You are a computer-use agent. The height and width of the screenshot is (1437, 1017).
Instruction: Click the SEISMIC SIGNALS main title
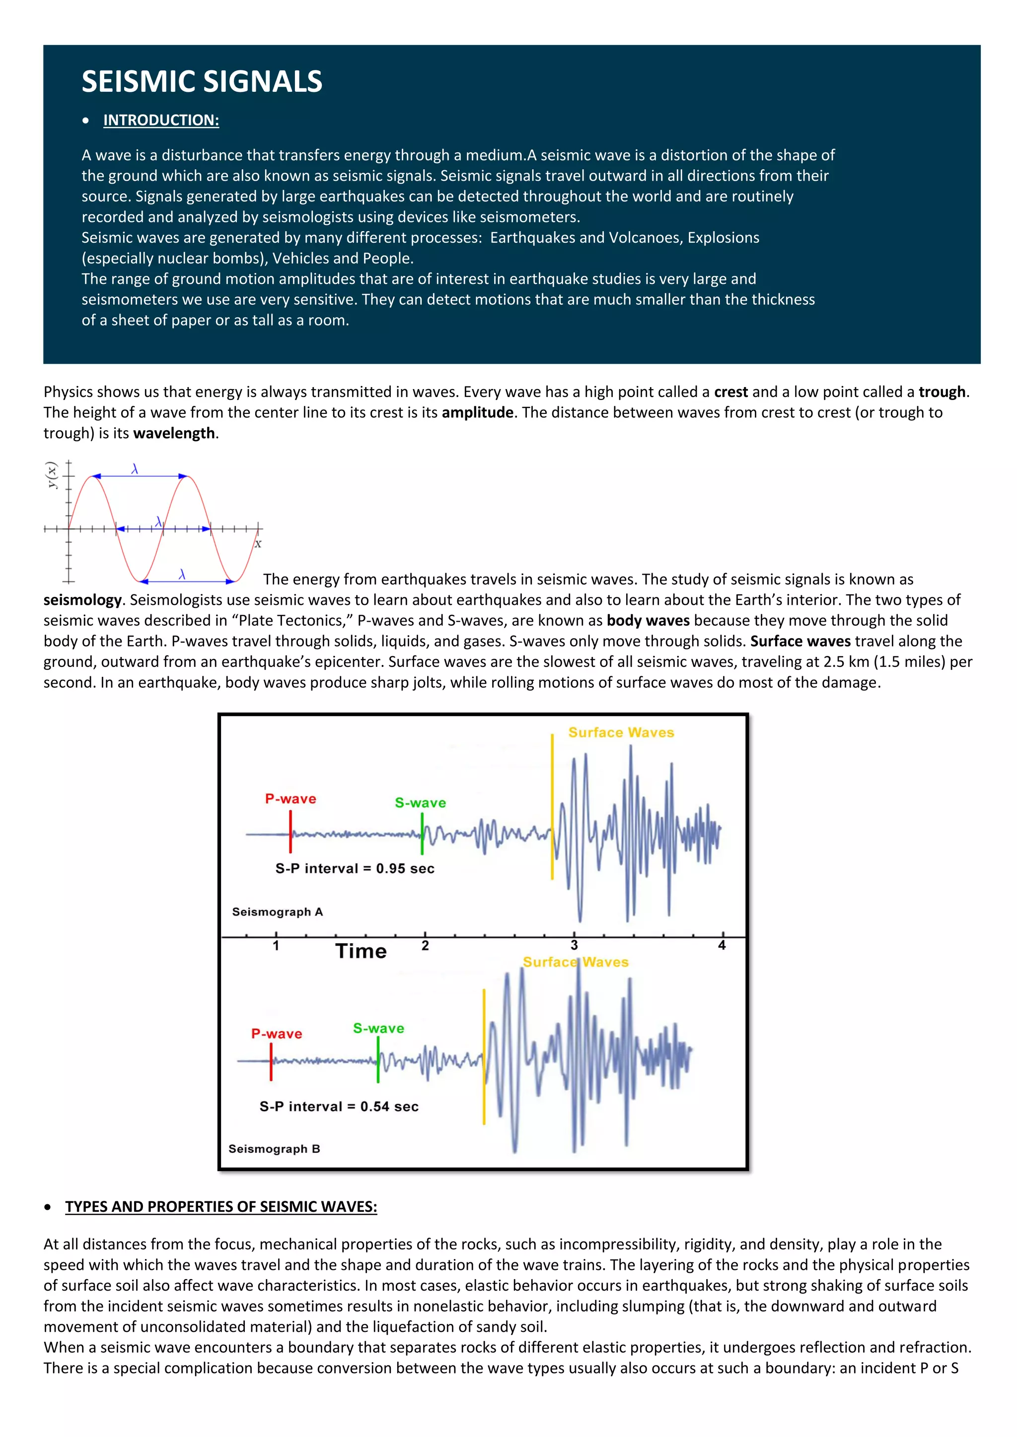click(202, 82)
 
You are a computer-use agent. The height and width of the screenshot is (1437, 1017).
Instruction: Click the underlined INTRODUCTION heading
click(161, 120)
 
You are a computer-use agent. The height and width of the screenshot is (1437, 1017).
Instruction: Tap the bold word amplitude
click(477, 412)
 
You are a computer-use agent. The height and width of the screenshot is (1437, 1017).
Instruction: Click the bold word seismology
click(82, 599)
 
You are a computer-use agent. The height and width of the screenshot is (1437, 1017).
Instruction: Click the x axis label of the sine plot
click(258, 544)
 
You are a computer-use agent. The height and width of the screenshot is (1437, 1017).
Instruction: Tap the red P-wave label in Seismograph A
click(291, 798)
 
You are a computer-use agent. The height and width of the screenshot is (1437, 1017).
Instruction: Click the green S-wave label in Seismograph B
click(378, 1028)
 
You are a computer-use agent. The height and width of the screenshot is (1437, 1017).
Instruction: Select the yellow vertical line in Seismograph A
click(552, 807)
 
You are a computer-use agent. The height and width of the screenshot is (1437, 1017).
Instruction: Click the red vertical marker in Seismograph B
click(271, 1062)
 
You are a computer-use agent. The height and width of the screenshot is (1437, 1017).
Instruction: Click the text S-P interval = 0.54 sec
click(339, 1106)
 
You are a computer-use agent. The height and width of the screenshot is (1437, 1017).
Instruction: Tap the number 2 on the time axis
click(425, 946)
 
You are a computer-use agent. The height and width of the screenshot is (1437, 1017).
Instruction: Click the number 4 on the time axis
click(722, 946)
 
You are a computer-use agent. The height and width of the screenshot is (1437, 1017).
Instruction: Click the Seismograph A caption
click(278, 912)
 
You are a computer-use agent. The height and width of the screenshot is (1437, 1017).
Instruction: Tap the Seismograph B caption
click(274, 1149)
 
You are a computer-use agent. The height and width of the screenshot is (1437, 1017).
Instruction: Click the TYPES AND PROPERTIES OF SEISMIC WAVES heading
click(221, 1207)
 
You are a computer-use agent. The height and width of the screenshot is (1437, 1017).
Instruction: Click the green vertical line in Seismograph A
click(422, 834)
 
